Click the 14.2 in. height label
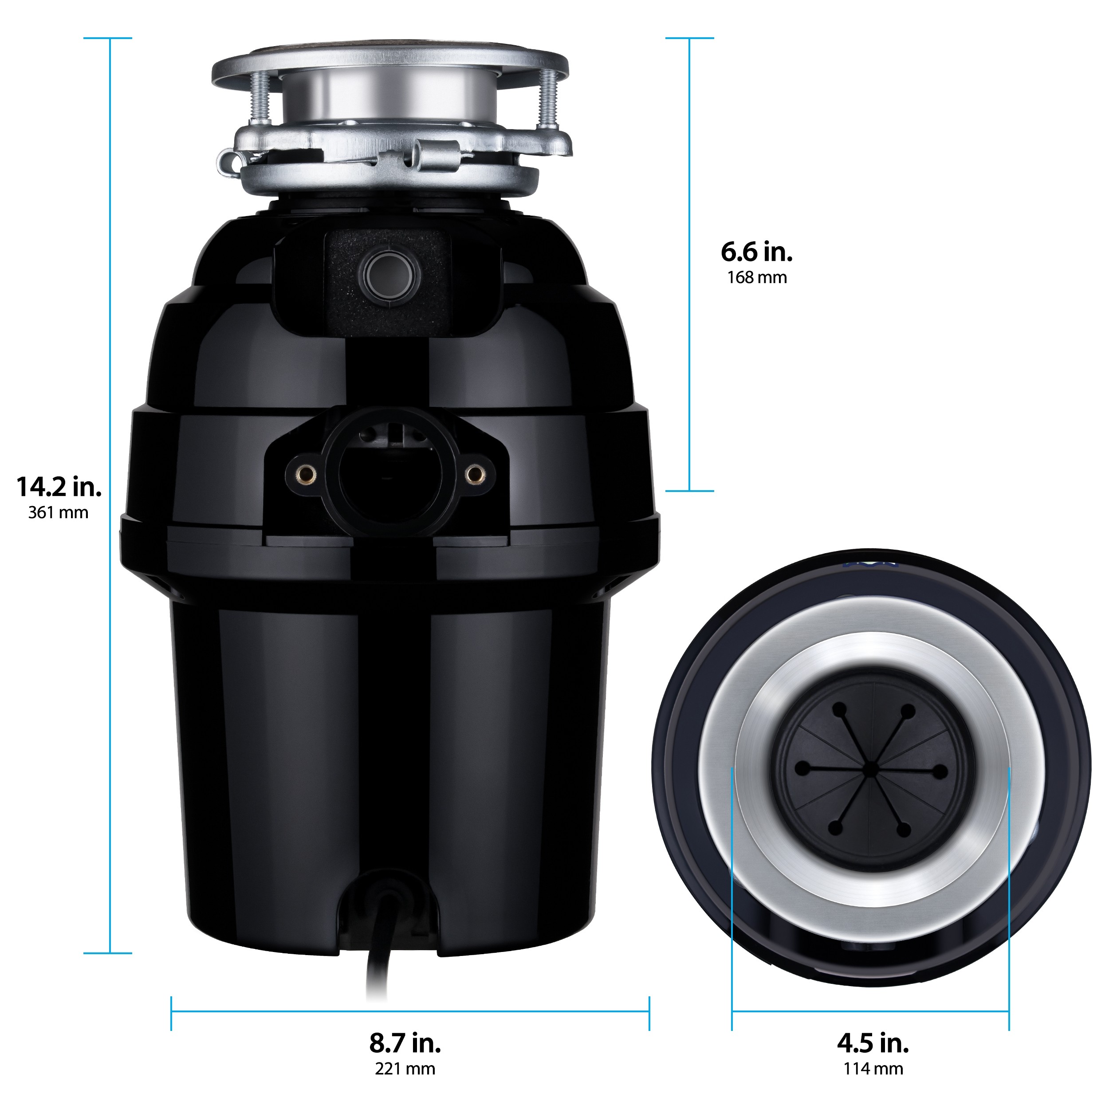59,488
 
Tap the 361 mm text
59,513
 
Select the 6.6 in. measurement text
756,252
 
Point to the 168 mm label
756,278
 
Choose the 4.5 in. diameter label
873,1043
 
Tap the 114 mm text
873,1069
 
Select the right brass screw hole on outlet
474,474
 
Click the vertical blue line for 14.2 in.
109,494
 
